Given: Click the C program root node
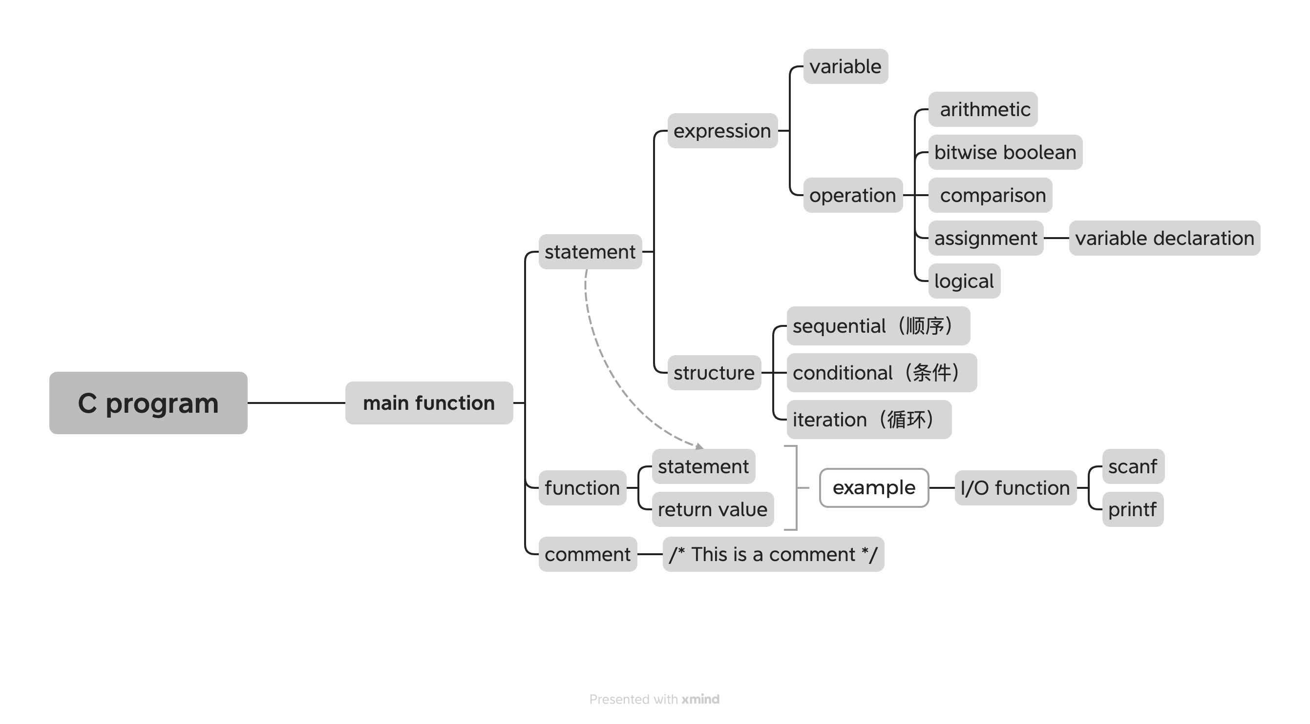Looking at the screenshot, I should click(x=148, y=403).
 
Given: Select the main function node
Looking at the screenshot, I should click(x=429, y=403).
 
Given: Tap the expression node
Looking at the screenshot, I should click(x=722, y=131).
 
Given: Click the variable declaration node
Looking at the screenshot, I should click(x=1164, y=238).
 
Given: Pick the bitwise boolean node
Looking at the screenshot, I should click(x=1005, y=152).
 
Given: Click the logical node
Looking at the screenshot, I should click(x=964, y=281).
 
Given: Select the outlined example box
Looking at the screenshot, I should click(x=874, y=488).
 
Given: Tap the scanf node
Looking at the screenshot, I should click(x=1133, y=466).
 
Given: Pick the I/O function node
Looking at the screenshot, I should click(x=1015, y=488).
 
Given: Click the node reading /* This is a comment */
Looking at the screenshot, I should click(x=773, y=554).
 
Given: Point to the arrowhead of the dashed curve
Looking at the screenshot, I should click(x=700, y=446).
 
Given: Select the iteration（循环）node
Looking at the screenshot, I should click(x=868, y=420).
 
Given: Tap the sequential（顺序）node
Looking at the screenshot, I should click(x=878, y=326).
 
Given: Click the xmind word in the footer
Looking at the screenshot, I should click(x=700, y=700).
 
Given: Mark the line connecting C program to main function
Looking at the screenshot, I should click(x=296, y=403).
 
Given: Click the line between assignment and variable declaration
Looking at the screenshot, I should click(x=1056, y=238).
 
